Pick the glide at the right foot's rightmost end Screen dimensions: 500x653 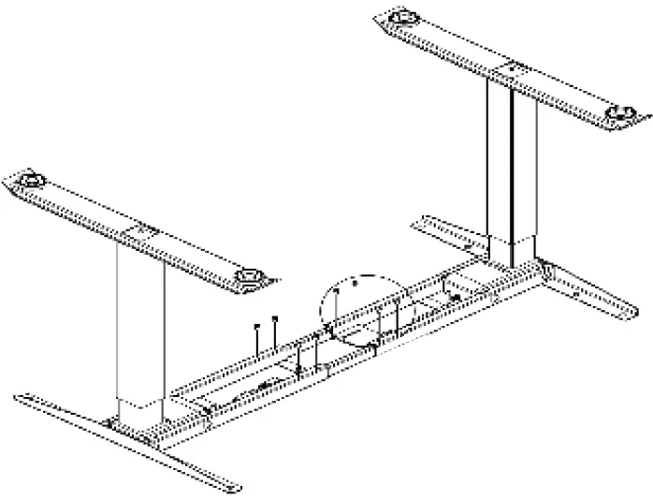(x=618, y=114)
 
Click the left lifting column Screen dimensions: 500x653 (x=141, y=318)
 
